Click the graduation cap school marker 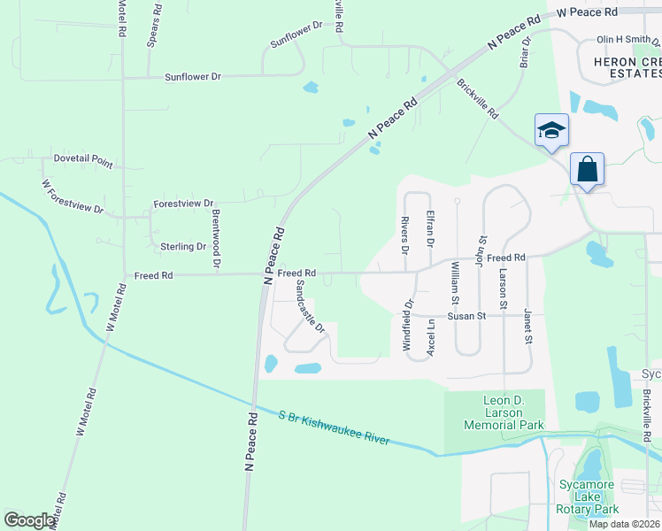click(x=551, y=132)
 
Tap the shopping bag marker click(x=587, y=168)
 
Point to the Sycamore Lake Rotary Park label click(x=588, y=496)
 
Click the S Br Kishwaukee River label click(x=333, y=428)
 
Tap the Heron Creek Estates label click(x=619, y=66)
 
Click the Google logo click(x=29, y=520)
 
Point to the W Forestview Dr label click(x=73, y=197)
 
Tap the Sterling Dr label click(x=183, y=247)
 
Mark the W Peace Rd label click(x=586, y=12)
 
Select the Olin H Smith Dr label click(x=627, y=40)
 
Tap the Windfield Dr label click(x=409, y=327)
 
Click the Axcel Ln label click(x=431, y=336)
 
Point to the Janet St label click(x=527, y=327)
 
